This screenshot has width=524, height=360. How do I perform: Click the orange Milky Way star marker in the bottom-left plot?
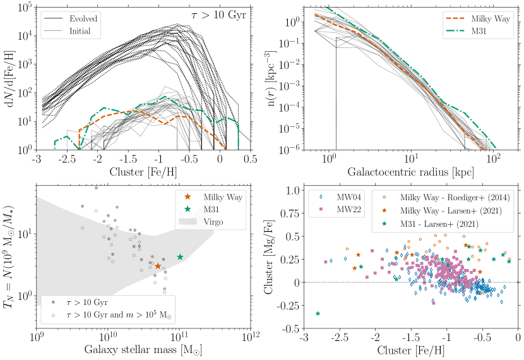click(x=158, y=266)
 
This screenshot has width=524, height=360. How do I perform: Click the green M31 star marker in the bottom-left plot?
click(x=180, y=257)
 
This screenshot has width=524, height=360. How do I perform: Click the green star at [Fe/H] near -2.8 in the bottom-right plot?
click(x=318, y=313)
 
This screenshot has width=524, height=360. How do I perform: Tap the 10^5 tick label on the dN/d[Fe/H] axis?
click(x=25, y=8)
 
